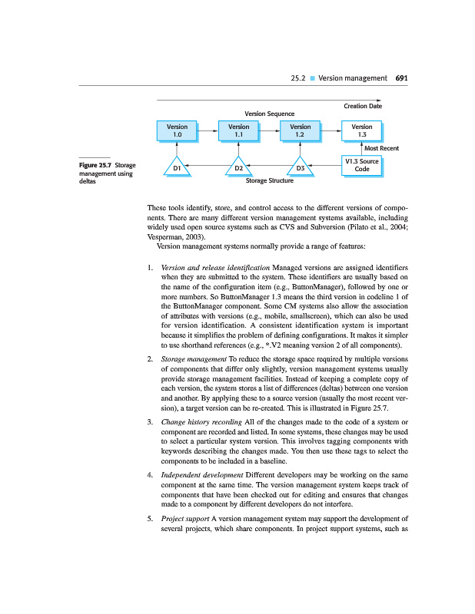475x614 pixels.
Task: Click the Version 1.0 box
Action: point(177,130)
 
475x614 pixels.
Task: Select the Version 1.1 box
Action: point(238,130)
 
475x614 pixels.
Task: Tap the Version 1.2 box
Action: point(300,130)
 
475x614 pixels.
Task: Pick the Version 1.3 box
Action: point(361,130)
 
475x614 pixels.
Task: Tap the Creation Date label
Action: point(362,107)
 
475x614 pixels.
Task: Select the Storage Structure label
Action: point(269,182)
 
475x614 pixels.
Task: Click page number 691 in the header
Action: point(401,78)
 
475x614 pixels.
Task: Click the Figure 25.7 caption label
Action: point(95,166)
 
